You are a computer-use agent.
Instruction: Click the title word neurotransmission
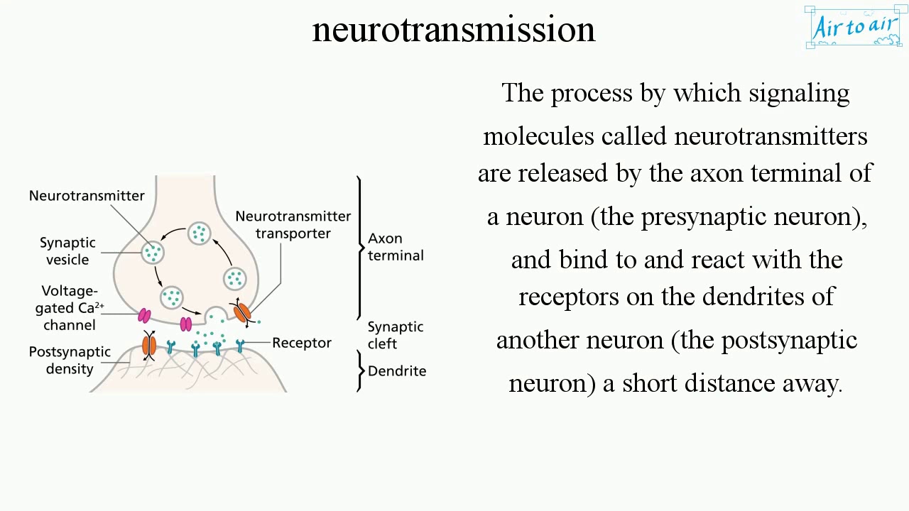click(x=453, y=30)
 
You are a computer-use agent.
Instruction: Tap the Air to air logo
click(x=855, y=28)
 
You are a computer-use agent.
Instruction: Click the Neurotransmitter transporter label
click(x=293, y=224)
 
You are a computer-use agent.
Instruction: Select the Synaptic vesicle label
click(x=67, y=251)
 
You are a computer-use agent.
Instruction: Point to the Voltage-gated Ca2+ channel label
click(x=70, y=308)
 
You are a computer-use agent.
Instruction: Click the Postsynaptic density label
click(x=70, y=360)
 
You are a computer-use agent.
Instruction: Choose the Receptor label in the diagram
click(x=302, y=343)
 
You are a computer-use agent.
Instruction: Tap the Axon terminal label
click(x=396, y=247)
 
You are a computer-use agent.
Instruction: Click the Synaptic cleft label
click(x=395, y=335)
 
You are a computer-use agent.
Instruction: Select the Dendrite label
click(x=397, y=371)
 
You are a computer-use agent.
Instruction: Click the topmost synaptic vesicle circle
click(x=200, y=233)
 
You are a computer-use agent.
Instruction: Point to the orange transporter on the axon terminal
click(x=242, y=312)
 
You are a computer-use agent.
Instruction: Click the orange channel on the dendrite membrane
click(x=149, y=346)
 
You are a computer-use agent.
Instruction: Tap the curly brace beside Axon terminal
click(x=360, y=247)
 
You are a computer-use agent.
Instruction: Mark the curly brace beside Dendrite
click(x=361, y=370)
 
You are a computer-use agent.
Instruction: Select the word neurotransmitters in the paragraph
click(x=771, y=136)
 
